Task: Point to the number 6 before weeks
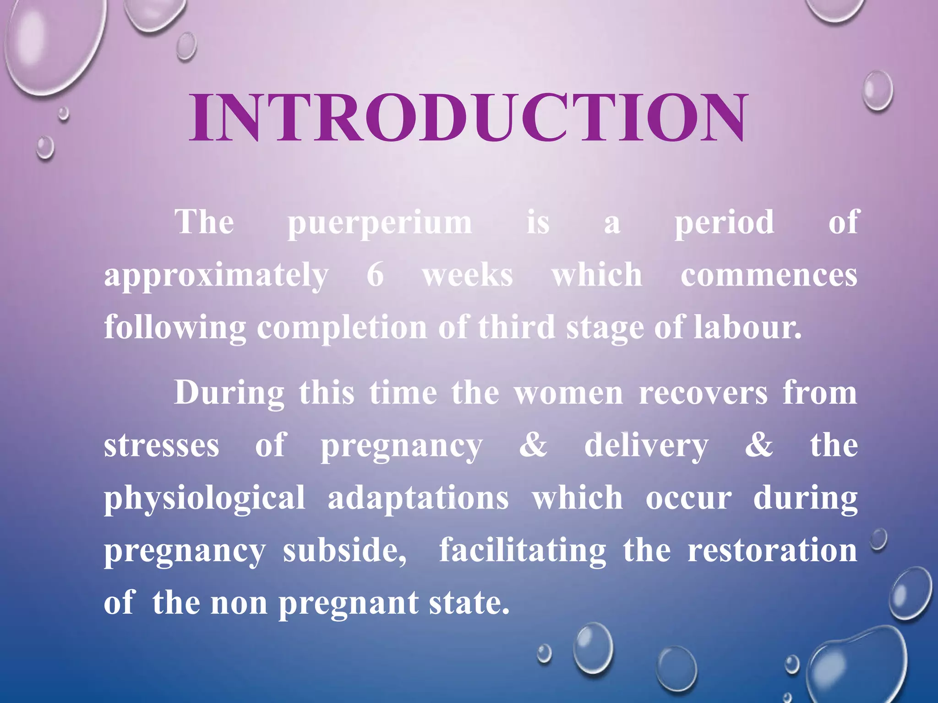pos(375,275)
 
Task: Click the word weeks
pos(468,275)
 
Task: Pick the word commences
pos(769,276)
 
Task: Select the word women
pos(568,393)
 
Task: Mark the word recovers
pos(703,393)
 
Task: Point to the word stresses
pos(162,445)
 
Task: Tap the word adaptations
pos(418,498)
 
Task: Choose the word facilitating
pos(523,551)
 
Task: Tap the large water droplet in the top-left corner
pos(48,43)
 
